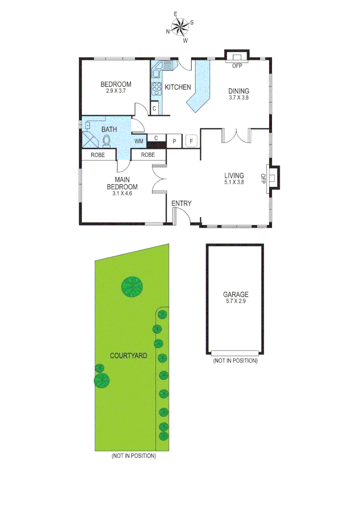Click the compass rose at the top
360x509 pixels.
coord(180,27)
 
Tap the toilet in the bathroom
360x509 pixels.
coord(106,140)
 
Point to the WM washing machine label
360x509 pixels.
coord(139,141)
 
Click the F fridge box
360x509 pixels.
coord(191,141)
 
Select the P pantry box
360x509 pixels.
coord(174,141)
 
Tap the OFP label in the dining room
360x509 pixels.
coord(237,66)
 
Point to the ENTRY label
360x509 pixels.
coord(181,204)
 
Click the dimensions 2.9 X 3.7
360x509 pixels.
coord(115,91)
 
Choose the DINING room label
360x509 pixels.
coord(238,91)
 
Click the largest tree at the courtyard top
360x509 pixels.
coord(132,286)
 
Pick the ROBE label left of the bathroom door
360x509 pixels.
coord(98,155)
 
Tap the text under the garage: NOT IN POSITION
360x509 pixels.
coord(235,361)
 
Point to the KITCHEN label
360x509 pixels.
coord(178,87)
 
